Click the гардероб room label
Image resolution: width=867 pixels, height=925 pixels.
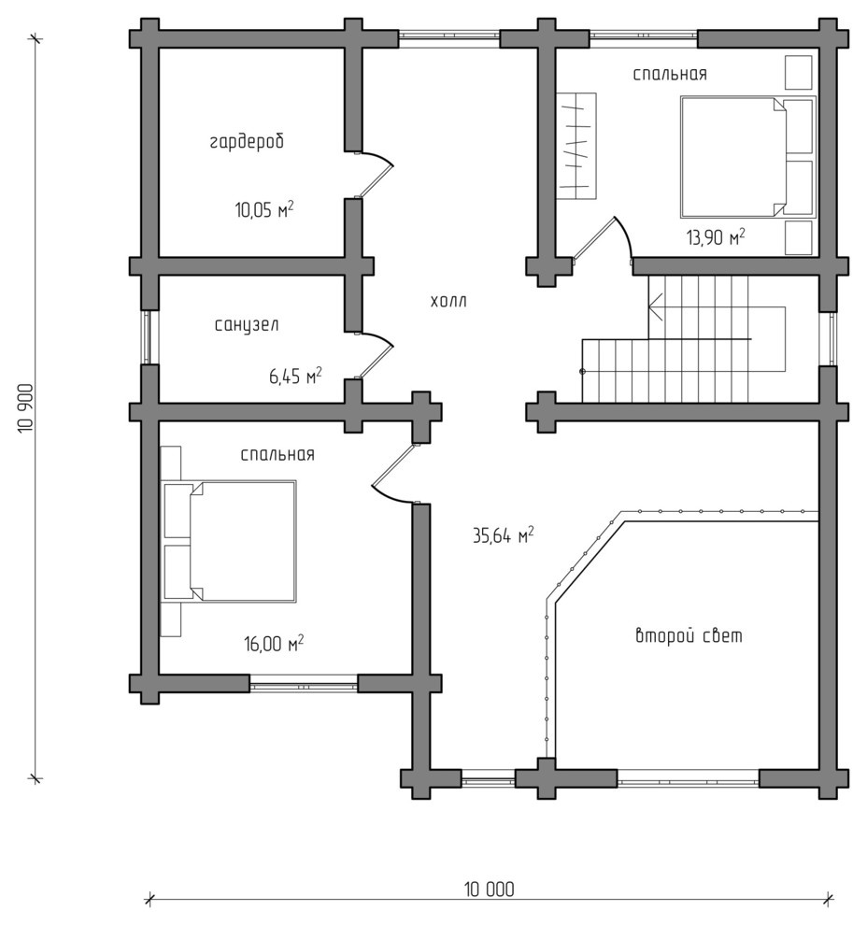click(248, 142)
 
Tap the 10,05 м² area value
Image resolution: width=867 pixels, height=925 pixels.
click(264, 209)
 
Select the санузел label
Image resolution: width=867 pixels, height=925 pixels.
click(247, 324)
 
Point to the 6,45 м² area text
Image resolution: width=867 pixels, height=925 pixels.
click(295, 376)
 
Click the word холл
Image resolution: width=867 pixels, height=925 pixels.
click(448, 302)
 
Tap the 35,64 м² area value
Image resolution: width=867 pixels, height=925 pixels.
click(504, 535)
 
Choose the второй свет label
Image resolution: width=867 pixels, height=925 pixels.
click(689, 636)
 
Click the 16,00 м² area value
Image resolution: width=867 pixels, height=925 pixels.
click(275, 643)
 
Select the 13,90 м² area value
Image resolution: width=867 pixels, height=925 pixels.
click(716, 237)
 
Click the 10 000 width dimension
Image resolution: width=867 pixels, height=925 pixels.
click(489, 889)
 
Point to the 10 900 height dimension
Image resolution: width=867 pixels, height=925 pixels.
click(27, 408)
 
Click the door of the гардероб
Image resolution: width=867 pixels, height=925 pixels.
click(374, 174)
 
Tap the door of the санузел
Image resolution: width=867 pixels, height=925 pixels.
click(374, 354)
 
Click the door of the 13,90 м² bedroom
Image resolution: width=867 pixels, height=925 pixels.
click(603, 239)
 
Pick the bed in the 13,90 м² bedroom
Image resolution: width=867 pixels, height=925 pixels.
click(748, 157)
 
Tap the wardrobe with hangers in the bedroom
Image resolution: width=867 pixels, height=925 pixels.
click(576, 147)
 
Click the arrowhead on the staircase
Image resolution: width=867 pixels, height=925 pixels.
click(653, 306)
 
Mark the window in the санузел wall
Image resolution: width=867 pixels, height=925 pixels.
click(146, 337)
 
